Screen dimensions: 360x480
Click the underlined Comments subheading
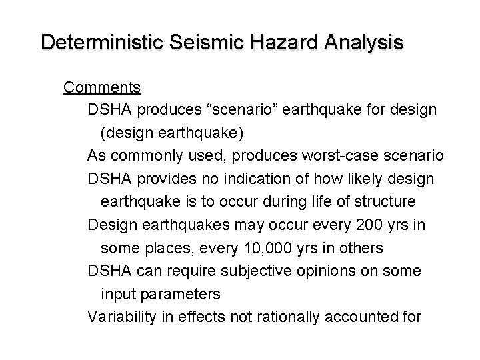[102, 87]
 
